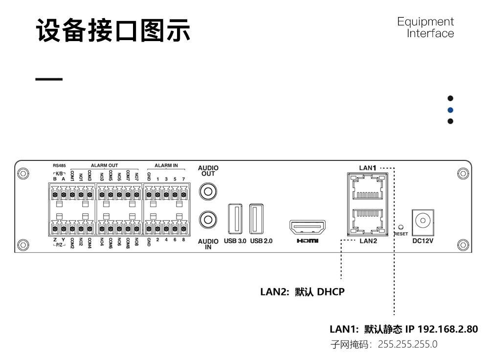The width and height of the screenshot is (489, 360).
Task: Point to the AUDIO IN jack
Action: click(x=208, y=218)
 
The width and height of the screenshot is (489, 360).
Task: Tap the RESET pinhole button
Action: click(x=401, y=227)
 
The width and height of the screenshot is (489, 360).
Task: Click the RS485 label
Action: click(x=59, y=166)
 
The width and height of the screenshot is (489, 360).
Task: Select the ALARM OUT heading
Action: click(x=104, y=166)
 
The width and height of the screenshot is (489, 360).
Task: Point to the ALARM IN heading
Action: click(x=166, y=166)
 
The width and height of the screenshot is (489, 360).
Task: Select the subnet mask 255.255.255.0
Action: click(x=408, y=344)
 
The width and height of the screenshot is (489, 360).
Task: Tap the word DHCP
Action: click(x=331, y=292)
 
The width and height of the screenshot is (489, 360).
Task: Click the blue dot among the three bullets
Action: click(x=450, y=110)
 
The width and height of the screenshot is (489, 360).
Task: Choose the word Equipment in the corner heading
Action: click(x=425, y=22)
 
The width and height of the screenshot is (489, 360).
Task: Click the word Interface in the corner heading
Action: click(x=430, y=34)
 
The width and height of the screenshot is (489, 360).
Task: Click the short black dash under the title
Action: click(x=49, y=79)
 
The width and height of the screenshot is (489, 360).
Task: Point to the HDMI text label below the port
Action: click(x=308, y=241)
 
